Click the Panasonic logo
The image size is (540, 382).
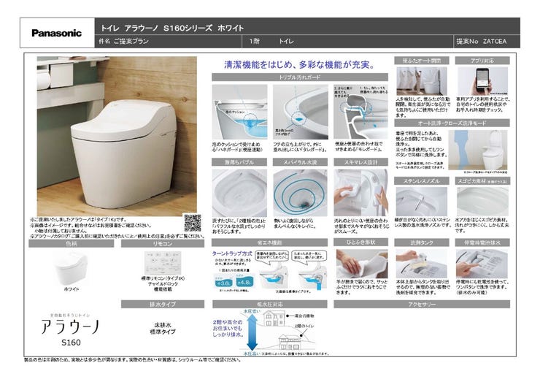pyautogui.click(x=56, y=33)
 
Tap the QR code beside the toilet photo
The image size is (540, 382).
pyautogui.click(x=192, y=222)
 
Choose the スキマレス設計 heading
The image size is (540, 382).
pyautogui.click(x=361, y=161)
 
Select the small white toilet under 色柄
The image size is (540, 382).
pyautogui.click(x=72, y=268)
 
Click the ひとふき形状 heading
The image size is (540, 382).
pyautogui.click(x=361, y=241)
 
